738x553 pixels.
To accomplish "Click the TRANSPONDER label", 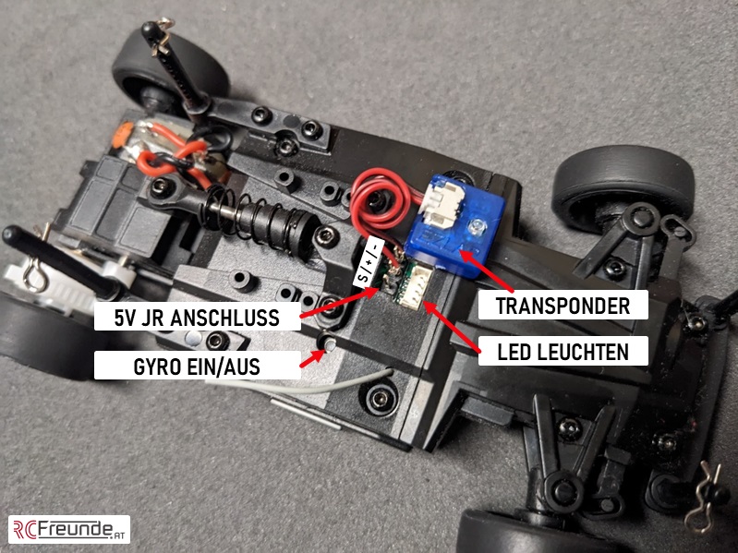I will coord(563,306).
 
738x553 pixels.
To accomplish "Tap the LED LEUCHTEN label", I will coord(563,351).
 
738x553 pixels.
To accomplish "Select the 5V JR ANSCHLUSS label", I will coord(200,319).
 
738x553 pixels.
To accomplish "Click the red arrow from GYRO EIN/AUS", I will coord(312,358).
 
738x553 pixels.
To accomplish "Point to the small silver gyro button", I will coord(328,345).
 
